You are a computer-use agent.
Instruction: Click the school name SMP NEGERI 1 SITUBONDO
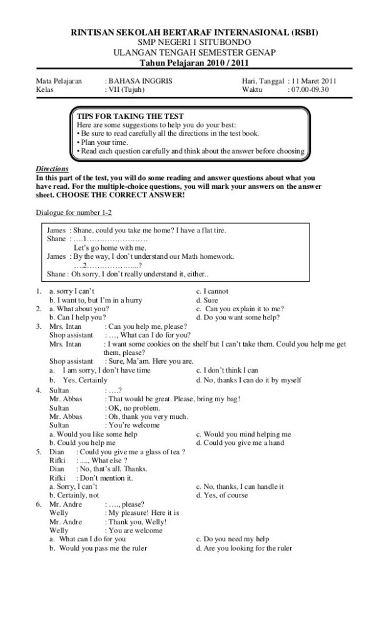point(194,41)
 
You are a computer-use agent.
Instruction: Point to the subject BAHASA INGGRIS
point(138,81)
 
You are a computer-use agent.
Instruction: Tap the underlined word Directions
point(52,169)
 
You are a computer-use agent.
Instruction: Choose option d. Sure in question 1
point(207,300)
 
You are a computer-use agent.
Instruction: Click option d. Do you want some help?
point(238,317)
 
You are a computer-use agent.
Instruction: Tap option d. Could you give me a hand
point(240,442)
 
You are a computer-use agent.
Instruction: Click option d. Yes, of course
point(222,495)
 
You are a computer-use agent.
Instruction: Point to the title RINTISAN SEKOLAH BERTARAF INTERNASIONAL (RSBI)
point(194,32)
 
